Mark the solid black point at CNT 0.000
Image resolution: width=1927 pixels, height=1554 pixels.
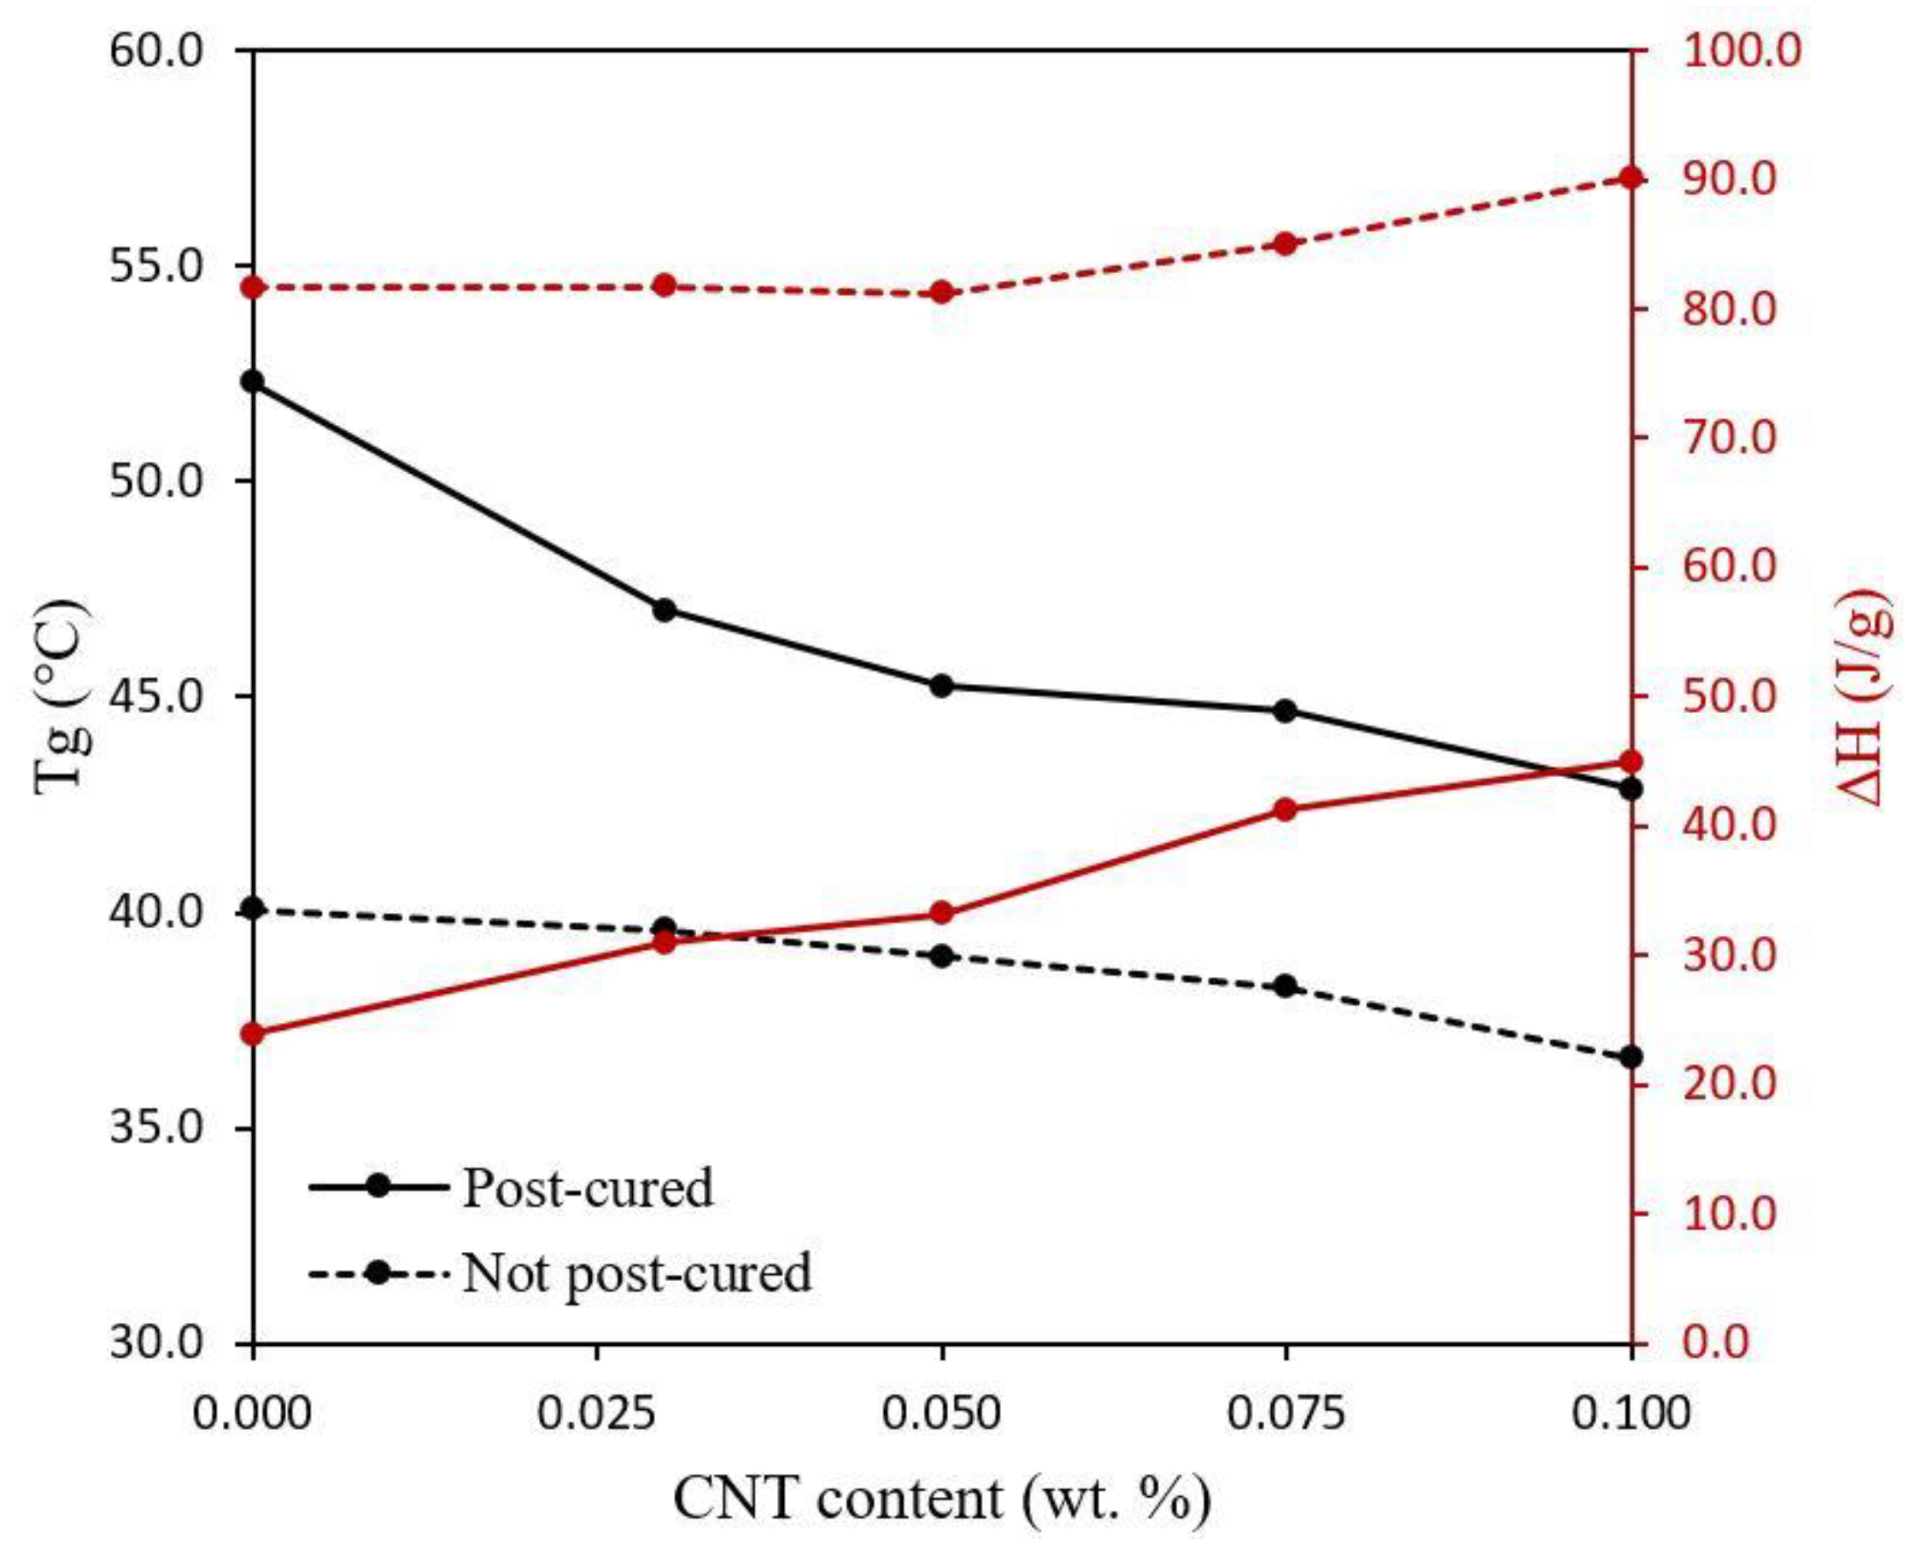click(x=254, y=381)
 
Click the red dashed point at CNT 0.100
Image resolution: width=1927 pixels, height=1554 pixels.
click(x=1632, y=177)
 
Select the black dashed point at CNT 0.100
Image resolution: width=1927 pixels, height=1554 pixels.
click(x=1632, y=1057)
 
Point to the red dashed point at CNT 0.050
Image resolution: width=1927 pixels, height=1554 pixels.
click(x=942, y=292)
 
